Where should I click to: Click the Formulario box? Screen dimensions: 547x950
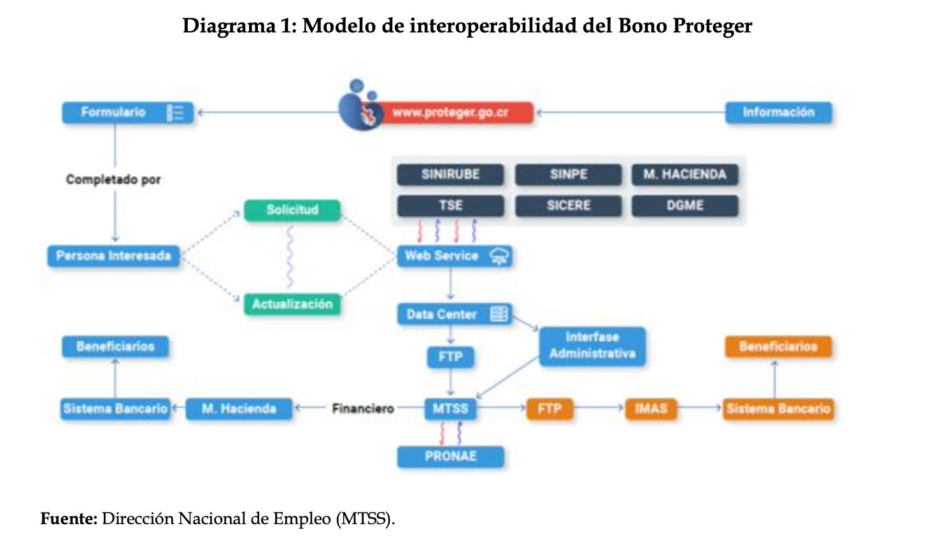[127, 113]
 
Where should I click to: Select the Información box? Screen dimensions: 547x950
[778, 113]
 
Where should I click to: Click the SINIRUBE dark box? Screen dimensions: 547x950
[450, 174]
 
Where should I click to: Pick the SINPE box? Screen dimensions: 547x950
[568, 174]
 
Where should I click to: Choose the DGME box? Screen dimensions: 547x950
[684, 205]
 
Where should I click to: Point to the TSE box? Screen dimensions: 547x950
[450, 205]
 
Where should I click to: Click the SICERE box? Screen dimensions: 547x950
[568, 205]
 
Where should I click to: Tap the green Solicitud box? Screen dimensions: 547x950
[292, 210]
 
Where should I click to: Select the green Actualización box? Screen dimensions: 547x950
[292, 304]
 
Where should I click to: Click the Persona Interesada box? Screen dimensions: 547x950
[113, 256]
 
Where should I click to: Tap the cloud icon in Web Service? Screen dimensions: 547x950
[499, 256]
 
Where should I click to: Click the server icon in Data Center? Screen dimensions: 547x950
[499, 314]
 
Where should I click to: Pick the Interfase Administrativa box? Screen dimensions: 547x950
[592, 345]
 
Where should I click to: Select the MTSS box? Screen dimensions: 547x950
[450, 408]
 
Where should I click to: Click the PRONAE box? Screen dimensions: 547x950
[450, 456]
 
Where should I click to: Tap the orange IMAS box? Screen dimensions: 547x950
[651, 408]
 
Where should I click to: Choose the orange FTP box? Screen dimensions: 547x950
[549, 408]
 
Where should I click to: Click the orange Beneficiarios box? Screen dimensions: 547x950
[778, 347]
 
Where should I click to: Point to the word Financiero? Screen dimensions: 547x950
[363, 408]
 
